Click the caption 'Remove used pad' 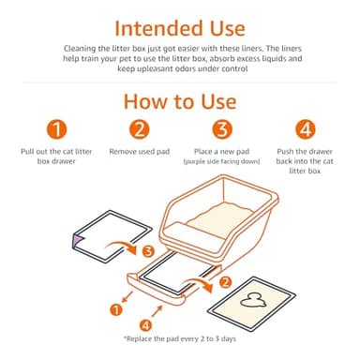(x=139, y=150)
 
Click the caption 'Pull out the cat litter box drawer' (x=57, y=156)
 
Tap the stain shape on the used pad (x=278, y=302)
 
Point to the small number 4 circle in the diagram (x=129, y=323)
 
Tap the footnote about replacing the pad (x=180, y=337)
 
